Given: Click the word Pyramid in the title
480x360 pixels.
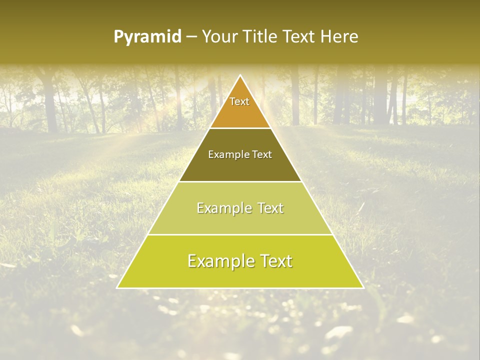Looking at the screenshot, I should click(147, 37).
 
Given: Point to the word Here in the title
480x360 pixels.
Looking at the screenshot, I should click(340, 37).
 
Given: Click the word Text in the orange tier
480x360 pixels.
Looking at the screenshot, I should click(239, 101).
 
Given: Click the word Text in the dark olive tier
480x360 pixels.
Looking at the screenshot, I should click(261, 155).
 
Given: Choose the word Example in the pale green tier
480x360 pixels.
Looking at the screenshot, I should click(223, 208).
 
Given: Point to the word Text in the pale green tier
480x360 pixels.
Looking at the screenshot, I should click(270, 208).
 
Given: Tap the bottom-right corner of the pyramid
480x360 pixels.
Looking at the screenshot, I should click(362, 287).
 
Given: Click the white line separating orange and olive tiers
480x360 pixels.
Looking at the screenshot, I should click(240, 128).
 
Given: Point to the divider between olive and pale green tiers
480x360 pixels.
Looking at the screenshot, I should click(240, 181).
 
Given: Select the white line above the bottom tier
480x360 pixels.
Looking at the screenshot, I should click(240, 234).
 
